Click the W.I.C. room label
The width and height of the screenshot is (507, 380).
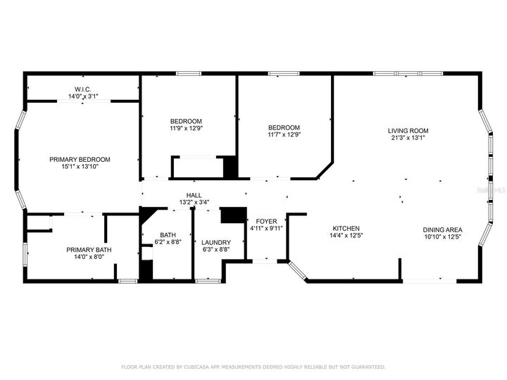83,89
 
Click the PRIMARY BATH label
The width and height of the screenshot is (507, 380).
89,250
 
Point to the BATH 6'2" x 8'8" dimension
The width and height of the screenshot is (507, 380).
168,242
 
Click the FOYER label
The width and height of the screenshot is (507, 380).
266,220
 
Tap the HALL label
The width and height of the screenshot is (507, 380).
194,196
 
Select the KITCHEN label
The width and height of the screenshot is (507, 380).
346,229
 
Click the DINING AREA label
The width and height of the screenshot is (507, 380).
442,229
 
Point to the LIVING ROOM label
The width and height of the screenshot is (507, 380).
408,130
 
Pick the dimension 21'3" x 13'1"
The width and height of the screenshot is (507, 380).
408,138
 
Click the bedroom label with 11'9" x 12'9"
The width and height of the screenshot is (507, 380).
186,120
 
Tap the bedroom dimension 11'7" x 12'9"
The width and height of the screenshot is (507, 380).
284,135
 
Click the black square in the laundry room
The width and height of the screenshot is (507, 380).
232,215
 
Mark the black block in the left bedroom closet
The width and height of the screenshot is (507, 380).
230,167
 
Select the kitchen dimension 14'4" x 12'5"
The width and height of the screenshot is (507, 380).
346,236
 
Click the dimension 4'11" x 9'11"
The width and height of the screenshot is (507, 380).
266,228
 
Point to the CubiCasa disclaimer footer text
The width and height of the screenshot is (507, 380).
254,367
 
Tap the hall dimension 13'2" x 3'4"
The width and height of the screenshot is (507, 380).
194,203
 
